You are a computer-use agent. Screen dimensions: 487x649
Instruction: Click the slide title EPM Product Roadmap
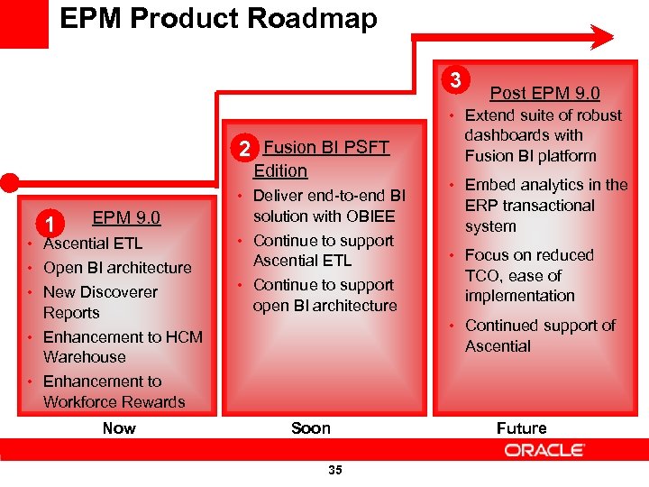[218, 18]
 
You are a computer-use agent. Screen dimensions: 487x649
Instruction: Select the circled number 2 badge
[242, 148]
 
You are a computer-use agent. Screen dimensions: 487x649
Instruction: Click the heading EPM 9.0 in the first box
[126, 217]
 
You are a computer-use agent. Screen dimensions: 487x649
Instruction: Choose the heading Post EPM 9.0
[544, 93]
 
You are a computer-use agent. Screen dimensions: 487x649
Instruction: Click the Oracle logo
[544, 450]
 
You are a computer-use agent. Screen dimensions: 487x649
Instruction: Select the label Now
[119, 427]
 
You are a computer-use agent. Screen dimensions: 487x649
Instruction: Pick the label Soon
[311, 427]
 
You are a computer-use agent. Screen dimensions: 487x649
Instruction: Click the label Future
[521, 427]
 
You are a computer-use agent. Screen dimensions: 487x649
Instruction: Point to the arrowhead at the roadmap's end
[601, 37]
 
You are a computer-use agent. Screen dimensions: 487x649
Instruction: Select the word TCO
[485, 275]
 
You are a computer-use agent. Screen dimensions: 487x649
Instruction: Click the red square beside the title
[23, 23]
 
